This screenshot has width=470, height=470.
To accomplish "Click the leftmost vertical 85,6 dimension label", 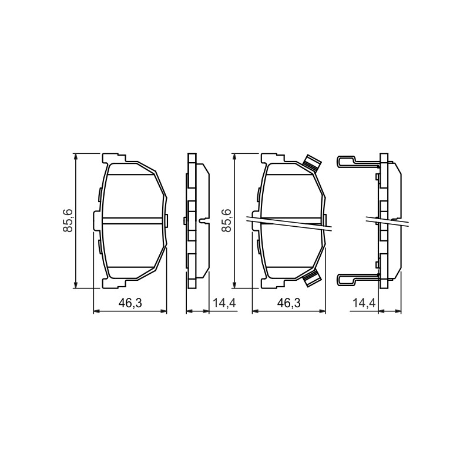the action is [x=68, y=221].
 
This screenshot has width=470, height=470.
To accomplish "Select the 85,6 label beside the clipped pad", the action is [x=227, y=221].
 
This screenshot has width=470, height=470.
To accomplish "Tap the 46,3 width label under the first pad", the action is [x=130, y=303].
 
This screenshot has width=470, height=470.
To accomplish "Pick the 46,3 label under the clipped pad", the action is [x=288, y=303].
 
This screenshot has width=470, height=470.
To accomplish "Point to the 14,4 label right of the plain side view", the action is [x=224, y=303].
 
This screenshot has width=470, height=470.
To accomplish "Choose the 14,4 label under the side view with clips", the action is [x=364, y=303].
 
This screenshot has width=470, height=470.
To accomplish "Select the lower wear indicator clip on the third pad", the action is [x=311, y=278].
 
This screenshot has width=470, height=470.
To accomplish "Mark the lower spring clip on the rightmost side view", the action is [x=357, y=280].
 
